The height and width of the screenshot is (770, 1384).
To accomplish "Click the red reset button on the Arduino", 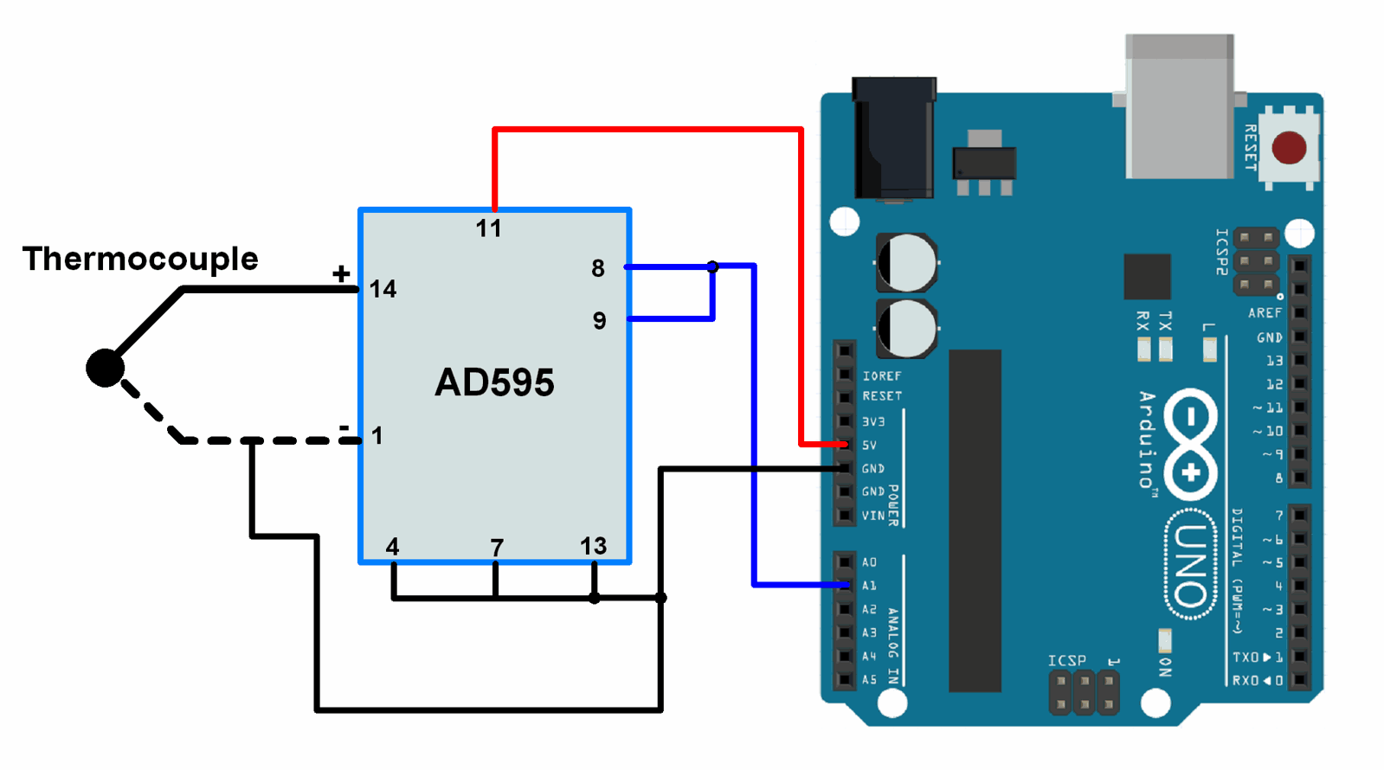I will pos(1289,148).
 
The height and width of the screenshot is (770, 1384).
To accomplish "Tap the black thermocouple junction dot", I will pos(105,368).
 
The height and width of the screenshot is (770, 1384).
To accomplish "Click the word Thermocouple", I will pos(140,259).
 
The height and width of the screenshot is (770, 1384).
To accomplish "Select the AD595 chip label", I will pos(494,382).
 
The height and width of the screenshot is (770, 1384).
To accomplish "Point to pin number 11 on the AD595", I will pos(488,228).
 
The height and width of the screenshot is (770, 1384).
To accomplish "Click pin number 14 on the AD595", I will pos(383,289).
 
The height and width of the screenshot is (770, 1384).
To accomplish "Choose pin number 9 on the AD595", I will pos(599,321).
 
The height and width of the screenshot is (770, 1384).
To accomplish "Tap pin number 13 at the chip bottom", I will pos(593,546).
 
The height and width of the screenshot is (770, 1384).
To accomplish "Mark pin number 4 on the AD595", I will pos(392,547).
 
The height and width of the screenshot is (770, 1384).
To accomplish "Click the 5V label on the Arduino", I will pos(869,445).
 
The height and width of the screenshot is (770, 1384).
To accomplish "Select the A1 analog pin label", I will pos(869,586).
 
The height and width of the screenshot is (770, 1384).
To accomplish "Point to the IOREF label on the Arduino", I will pos(881,375).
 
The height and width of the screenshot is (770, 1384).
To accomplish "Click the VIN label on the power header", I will pos(872,516).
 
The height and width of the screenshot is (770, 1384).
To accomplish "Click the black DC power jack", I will pos(894,138).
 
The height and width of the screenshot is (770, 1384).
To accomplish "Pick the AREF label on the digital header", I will pos(1265,312).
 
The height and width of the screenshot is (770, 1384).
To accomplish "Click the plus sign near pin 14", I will pos(341,274).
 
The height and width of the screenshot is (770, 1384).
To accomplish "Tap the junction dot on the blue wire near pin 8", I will pos(712,266).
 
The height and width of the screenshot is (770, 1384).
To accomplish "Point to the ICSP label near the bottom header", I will pos(1066,660).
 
